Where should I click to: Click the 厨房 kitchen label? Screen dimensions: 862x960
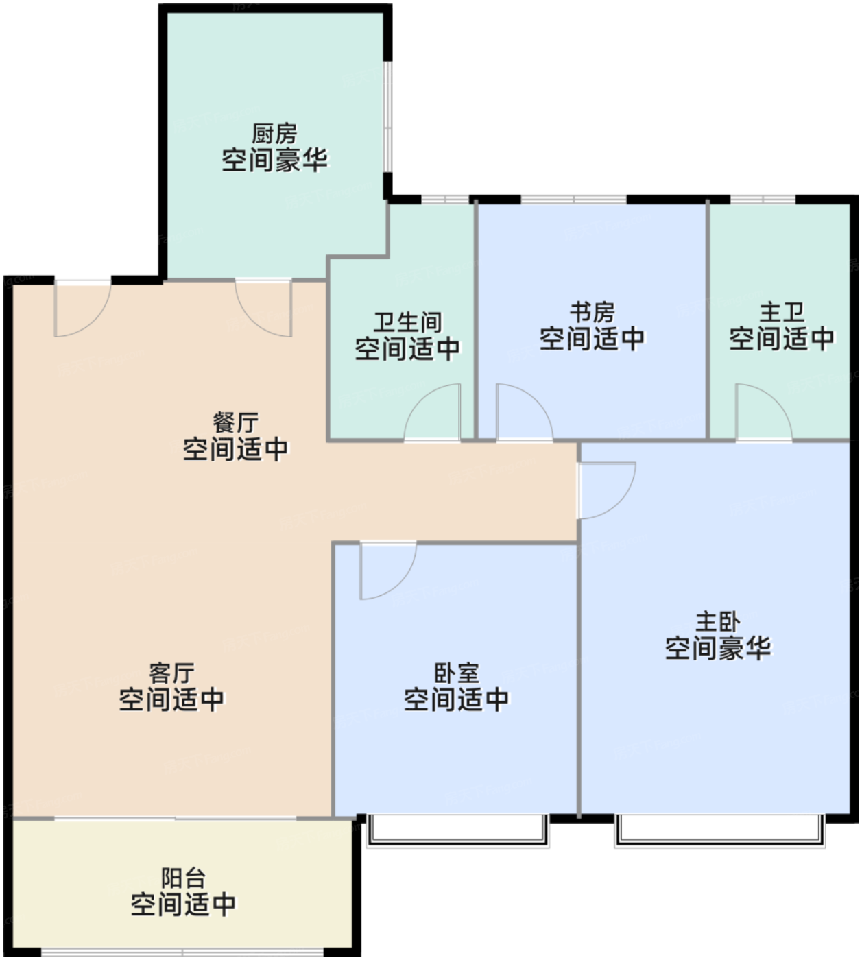(274, 134)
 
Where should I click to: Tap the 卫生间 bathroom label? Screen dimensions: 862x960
(407, 323)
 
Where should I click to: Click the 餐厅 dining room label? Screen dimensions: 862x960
(235, 422)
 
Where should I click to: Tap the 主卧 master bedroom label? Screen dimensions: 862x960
(718, 622)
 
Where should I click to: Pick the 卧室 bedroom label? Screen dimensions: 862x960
(456, 673)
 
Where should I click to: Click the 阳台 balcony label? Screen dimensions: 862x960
(183, 878)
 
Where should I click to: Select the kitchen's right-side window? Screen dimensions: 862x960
(388, 117)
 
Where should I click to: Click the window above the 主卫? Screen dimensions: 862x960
(763, 200)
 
